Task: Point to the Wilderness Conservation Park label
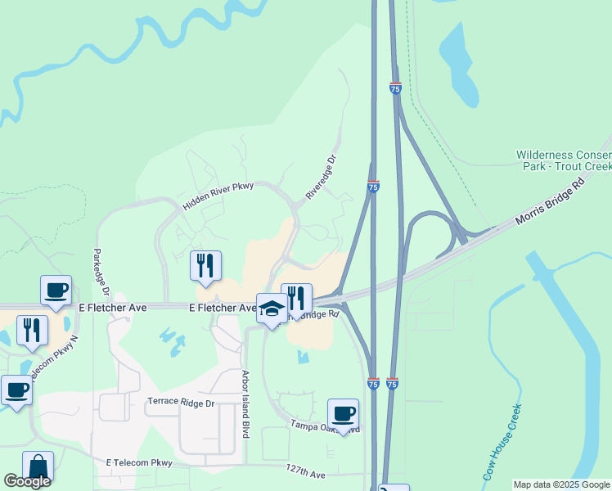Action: [564, 160]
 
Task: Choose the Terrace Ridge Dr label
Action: [180, 403]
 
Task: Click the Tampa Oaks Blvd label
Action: [325, 426]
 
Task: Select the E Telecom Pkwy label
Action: [139, 463]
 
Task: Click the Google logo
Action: [27, 481]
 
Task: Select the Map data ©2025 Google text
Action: [561, 484]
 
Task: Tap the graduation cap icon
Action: [272, 309]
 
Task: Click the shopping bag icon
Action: [38, 466]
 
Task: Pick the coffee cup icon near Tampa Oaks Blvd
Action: [343, 413]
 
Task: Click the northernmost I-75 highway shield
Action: [395, 88]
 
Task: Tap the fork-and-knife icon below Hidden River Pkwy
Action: [205, 265]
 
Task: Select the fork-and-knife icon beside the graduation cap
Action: [296, 298]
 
